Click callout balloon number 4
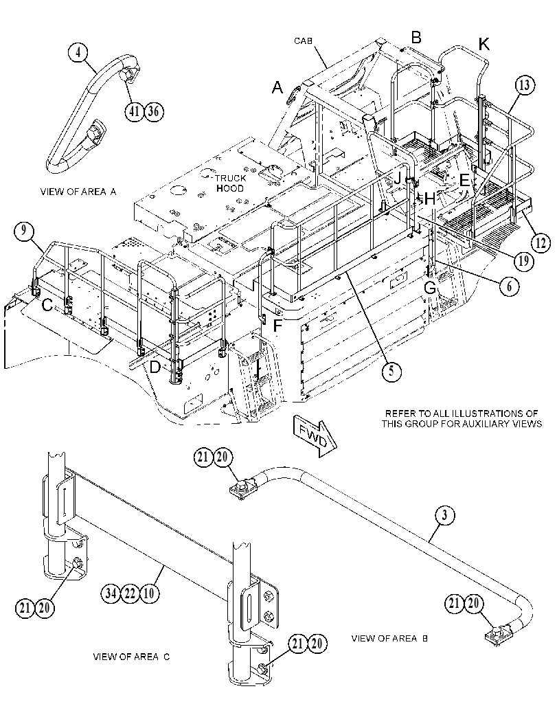(78, 52)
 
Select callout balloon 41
(134, 111)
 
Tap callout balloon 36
(154, 111)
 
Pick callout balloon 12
(541, 242)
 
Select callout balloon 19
(523, 262)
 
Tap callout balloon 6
(510, 286)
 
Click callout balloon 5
(391, 372)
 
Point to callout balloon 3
(444, 515)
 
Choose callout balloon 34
(111, 593)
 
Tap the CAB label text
(304, 41)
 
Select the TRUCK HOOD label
(230, 183)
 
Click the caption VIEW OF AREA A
(78, 192)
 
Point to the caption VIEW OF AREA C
(131, 657)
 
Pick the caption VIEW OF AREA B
(389, 639)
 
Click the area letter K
(484, 45)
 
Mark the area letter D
(155, 367)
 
